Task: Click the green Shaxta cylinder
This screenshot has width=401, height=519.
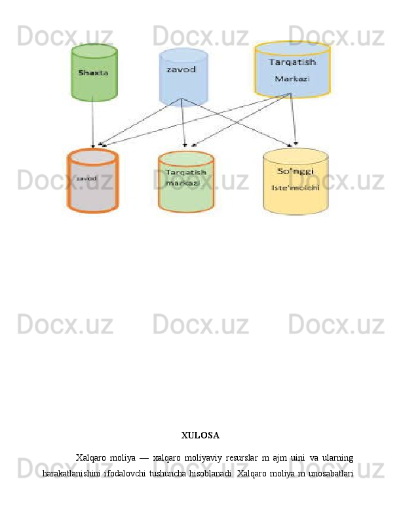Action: (94, 73)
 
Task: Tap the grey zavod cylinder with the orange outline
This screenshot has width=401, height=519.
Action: (92, 182)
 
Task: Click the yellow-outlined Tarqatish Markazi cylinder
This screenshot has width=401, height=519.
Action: (292, 71)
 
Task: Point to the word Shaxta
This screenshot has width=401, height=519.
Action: (93, 73)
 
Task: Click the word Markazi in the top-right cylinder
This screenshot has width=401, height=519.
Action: (292, 79)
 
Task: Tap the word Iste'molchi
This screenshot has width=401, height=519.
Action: (295, 187)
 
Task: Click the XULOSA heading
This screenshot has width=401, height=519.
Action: (200, 434)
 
